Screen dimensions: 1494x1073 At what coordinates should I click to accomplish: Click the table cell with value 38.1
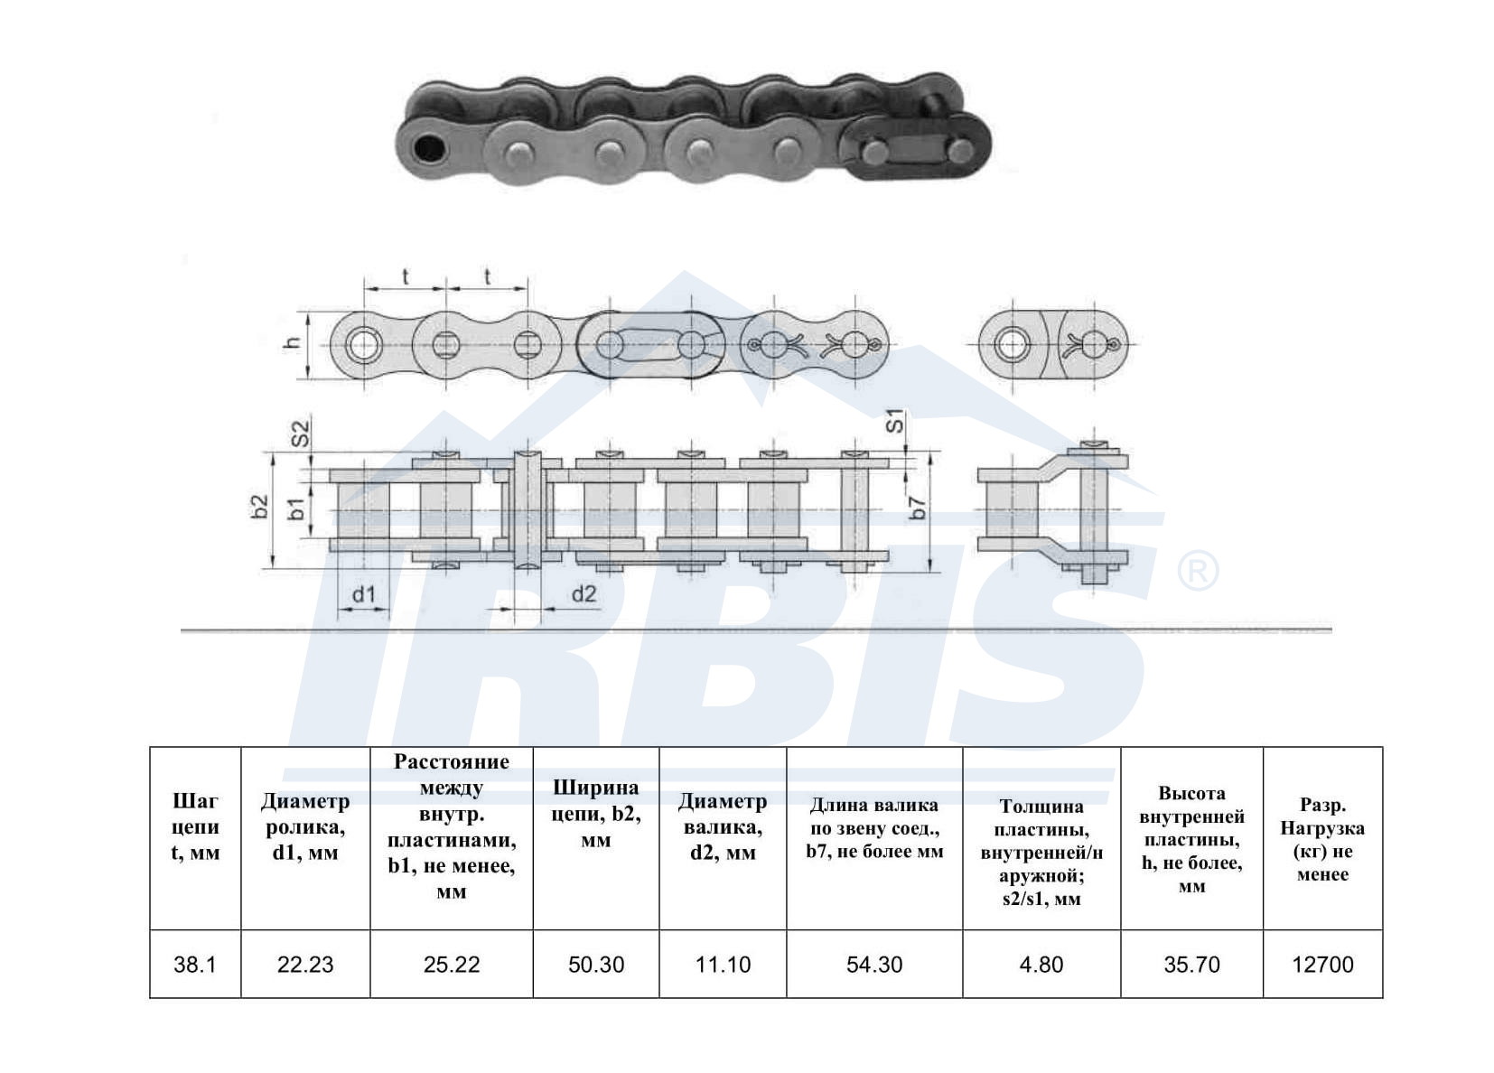(195, 965)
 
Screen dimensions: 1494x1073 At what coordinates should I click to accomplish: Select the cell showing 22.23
(305, 965)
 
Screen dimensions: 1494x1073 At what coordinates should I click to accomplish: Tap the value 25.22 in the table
(452, 965)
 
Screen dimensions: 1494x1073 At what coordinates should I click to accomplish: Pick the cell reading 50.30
(596, 965)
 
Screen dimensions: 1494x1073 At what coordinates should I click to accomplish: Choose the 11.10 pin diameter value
(723, 965)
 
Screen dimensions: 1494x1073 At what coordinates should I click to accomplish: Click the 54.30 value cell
(874, 965)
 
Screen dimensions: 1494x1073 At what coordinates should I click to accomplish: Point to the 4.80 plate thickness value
(1041, 965)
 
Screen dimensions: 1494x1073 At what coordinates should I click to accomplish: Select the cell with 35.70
(1192, 965)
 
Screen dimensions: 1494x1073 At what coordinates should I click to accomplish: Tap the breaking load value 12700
(1322, 965)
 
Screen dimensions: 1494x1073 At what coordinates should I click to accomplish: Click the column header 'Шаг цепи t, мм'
(195, 826)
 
